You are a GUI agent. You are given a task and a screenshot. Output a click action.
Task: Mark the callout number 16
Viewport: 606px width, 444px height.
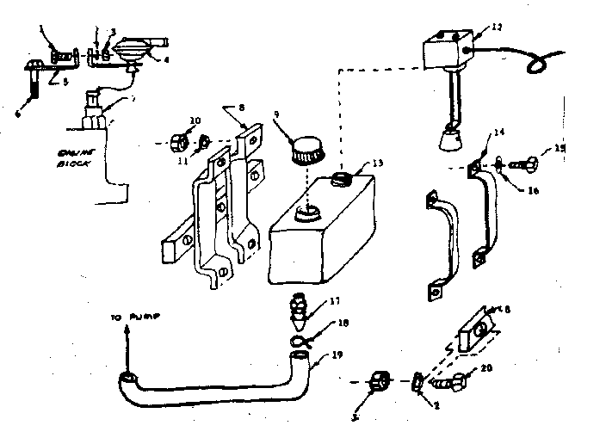[533, 191]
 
